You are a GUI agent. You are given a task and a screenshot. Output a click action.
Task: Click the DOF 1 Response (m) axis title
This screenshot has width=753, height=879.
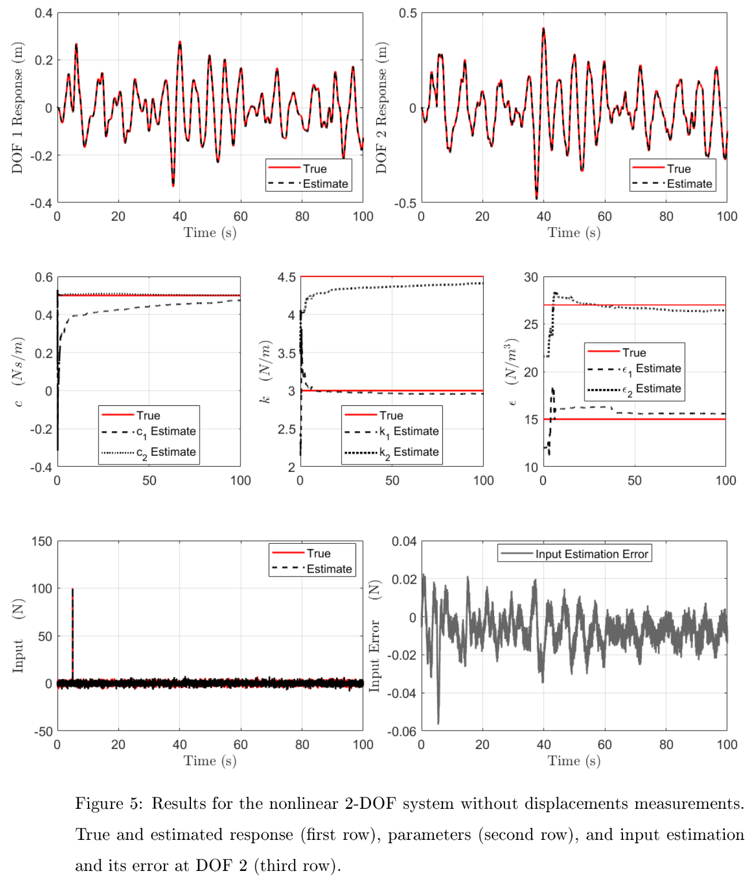tap(17, 108)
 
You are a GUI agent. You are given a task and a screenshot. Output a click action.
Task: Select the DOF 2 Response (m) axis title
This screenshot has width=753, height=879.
tap(381, 108)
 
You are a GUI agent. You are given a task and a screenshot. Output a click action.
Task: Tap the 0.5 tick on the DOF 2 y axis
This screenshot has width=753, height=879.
tap(408, 13)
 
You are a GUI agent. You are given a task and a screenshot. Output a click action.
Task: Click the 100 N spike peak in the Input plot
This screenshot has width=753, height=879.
tap(72, 589)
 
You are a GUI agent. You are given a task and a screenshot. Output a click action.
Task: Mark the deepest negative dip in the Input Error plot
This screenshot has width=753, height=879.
tap(438, 723)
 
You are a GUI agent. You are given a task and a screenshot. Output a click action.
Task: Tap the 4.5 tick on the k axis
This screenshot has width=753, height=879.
tap(286, 277)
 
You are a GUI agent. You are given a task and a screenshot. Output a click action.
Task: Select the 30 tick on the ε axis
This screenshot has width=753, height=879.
tap(530, 277)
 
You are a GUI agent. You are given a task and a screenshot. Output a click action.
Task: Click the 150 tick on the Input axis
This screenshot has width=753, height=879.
tap(42, 542)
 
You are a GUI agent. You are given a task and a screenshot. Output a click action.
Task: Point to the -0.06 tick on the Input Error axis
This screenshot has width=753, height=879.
tap(402, 731)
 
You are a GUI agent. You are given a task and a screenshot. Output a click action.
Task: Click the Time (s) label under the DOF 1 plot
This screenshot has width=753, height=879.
tap(210, 233)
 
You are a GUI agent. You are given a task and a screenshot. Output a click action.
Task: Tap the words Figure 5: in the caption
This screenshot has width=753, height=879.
tap(109, 804)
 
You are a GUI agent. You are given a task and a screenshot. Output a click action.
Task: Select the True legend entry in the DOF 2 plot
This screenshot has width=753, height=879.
tap(679, 169)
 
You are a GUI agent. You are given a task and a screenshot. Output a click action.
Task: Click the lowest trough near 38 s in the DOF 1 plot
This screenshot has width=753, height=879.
tap(173, 185)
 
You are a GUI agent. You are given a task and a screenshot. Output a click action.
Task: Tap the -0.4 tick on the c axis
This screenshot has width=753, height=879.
tap(41, 467)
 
